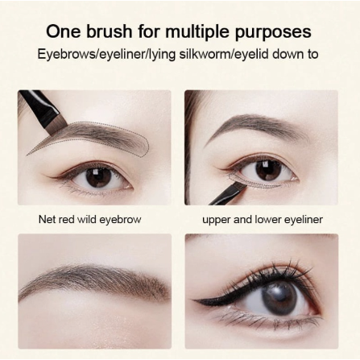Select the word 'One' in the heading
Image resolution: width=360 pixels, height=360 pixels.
click(61, 32)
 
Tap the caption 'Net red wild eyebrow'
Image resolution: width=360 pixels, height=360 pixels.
click(89, 219)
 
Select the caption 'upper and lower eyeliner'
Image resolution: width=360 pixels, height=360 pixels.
click(263, 219)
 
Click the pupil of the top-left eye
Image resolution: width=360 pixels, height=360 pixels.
click(97, 175)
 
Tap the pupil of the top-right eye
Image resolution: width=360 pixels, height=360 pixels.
click(269, 169)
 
